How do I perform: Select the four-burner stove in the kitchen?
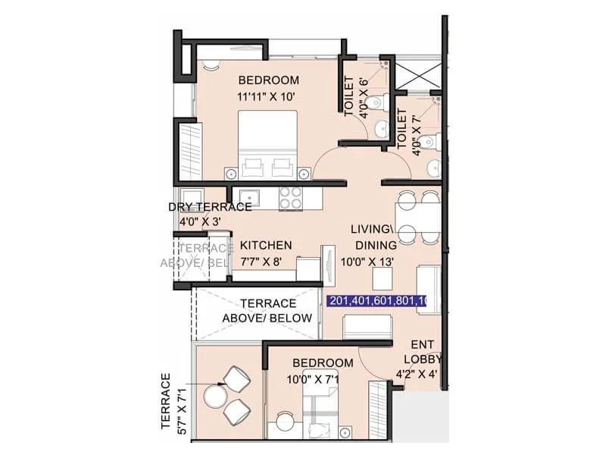[x=291, y=198]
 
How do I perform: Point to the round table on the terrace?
[x=214, y=395]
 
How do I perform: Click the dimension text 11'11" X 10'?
[x=269, y=96]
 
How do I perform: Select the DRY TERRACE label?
[x=210, y=207]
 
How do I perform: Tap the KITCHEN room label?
[x=266, y=246]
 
